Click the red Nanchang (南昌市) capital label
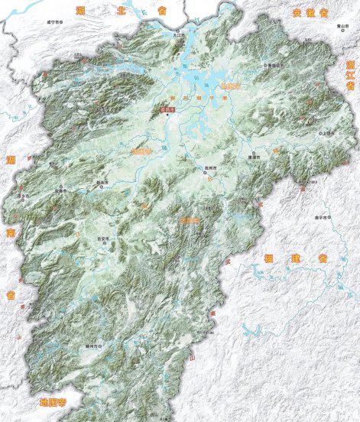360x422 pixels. coord(168,110)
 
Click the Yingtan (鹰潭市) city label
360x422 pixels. coord(255,157)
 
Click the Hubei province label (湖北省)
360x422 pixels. coord(118,10)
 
